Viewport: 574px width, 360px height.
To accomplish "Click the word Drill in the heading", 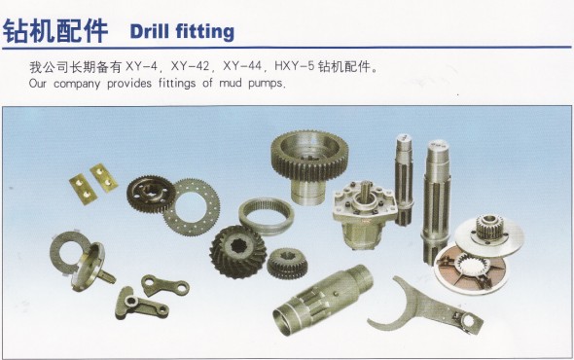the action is (150, 31).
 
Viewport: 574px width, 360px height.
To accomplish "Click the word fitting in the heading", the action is (205, 32).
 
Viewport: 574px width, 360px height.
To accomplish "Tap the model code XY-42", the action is (190, 67).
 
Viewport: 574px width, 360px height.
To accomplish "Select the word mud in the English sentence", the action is (231, 83).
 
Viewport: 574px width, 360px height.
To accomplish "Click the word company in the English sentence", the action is (77, 84).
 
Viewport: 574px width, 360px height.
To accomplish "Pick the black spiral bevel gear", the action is (237, 251).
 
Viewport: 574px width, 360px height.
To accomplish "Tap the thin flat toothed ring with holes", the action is (192, 207).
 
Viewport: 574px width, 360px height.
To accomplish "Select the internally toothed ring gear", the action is (267, 216).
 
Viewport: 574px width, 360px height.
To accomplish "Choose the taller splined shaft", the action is (436, 200).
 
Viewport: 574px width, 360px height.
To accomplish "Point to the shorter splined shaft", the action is (404, 179).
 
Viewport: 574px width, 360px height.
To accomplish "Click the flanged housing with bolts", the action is (364, 214).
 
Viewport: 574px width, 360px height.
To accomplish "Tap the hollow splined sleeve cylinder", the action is (323, 300).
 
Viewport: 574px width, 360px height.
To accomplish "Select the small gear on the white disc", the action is (489, 227).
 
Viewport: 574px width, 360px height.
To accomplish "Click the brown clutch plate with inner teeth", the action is (471, 269).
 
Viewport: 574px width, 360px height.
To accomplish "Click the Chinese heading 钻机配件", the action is (55, 31).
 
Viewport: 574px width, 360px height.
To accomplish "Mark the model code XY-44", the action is (242, 67).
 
